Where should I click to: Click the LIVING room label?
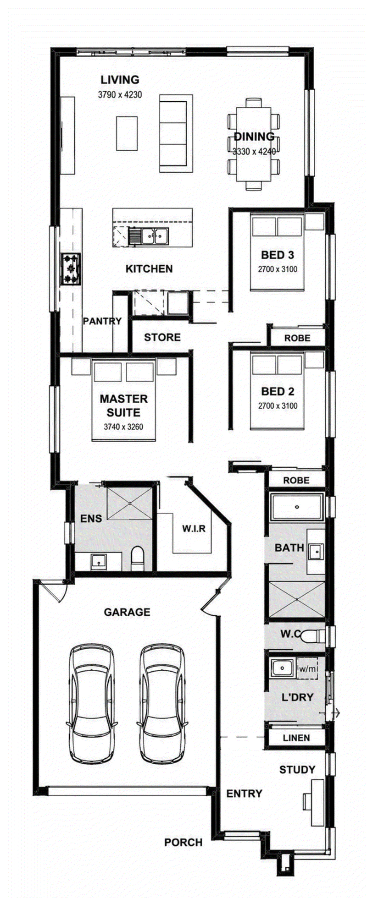pos(120,80)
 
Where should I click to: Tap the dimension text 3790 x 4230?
pos(120,95)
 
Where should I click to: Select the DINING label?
pos(254,136)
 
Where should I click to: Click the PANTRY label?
pos(102,321)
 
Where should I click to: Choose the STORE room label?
pos(162,338)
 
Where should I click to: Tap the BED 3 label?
pos(278,255)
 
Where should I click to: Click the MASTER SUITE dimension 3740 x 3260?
pos(123,427)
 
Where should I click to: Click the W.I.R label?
pos(194,529)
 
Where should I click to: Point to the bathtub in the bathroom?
pos(297,507)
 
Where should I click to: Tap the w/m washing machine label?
pos(308,669)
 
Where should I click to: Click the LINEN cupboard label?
pos(296,738)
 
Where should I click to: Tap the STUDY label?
pos(297,770)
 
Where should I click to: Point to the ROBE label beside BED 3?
pos(297,338)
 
